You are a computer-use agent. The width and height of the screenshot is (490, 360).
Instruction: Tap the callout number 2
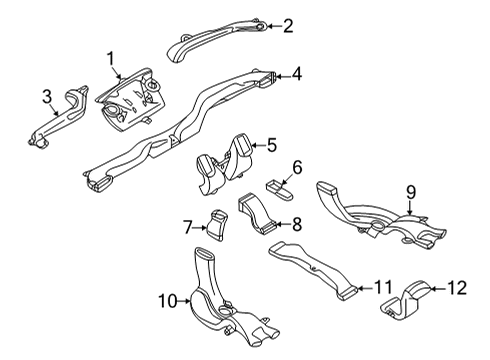(287, 26)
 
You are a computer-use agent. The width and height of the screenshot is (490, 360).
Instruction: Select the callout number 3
(46, 96)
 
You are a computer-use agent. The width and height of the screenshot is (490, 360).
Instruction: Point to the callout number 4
(296, 73)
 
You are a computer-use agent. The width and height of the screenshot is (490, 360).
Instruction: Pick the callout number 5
(271, 145)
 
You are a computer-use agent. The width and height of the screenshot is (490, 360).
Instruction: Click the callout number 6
(296, 166)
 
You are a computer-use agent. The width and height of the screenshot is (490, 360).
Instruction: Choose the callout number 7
(187, 228)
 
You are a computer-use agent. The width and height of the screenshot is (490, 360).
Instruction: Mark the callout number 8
(296, 224)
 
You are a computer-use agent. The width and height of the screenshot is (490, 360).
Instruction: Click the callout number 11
(383, 288)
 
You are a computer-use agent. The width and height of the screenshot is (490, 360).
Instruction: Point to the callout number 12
(456, 289)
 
